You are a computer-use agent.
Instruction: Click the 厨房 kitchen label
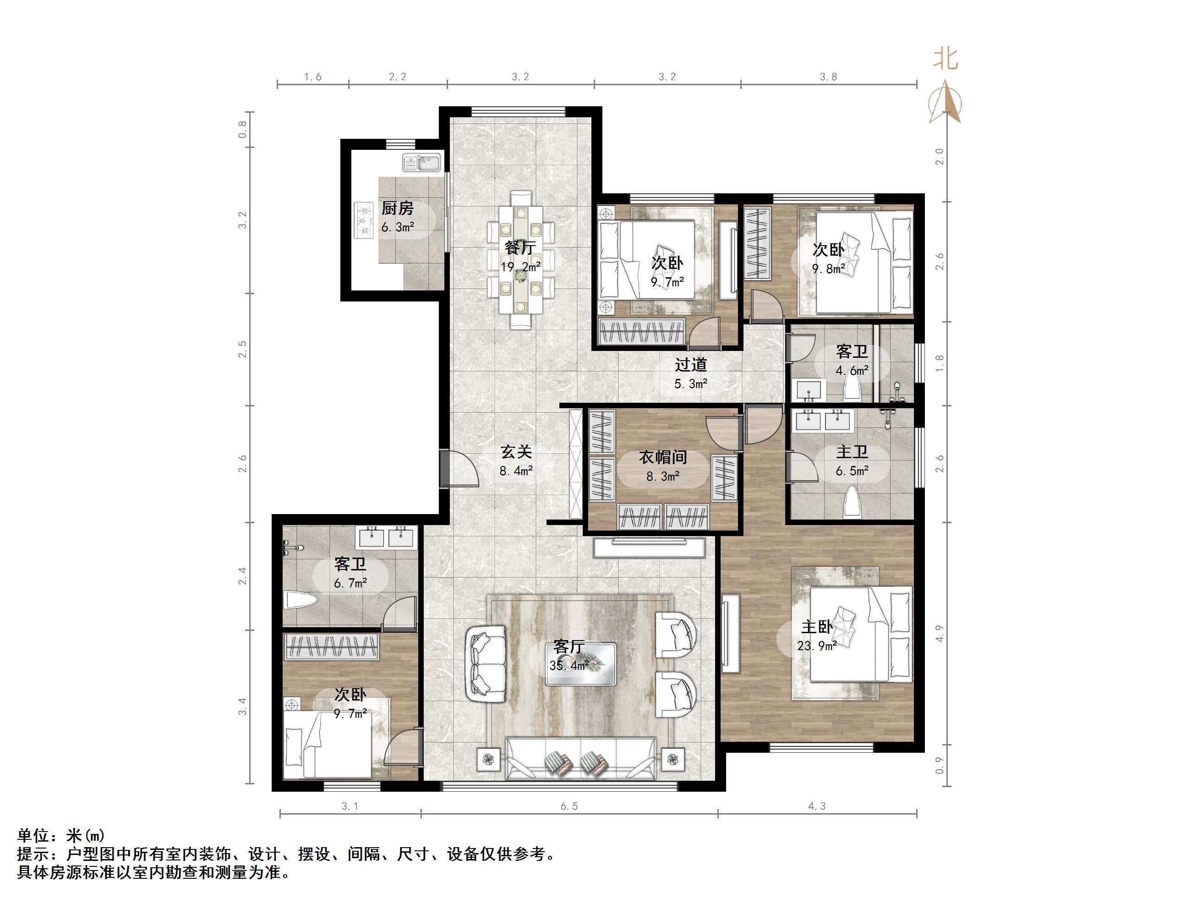[397, 208]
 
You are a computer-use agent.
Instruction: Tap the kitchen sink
[422, 162]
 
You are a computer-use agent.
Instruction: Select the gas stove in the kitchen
[364, 220]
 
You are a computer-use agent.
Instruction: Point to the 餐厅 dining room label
[520, 248]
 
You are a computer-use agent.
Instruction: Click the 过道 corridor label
[691, 365]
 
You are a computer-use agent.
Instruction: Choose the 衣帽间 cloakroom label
[663, 457]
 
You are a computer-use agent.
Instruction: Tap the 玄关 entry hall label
[516, 452]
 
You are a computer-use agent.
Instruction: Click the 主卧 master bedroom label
[817, 627]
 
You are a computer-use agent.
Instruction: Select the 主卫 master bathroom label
[853, 452]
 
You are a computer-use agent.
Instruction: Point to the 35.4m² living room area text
[568, 665]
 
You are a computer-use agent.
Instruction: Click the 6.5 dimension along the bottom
[569, 806]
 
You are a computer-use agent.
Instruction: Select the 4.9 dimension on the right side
[940, 633]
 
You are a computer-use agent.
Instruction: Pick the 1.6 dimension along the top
[313, 77]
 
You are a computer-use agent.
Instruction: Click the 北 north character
[946, 59]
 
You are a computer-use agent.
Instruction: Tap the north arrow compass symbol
[946, 102]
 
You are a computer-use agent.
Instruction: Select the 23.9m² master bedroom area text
[817, 646]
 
